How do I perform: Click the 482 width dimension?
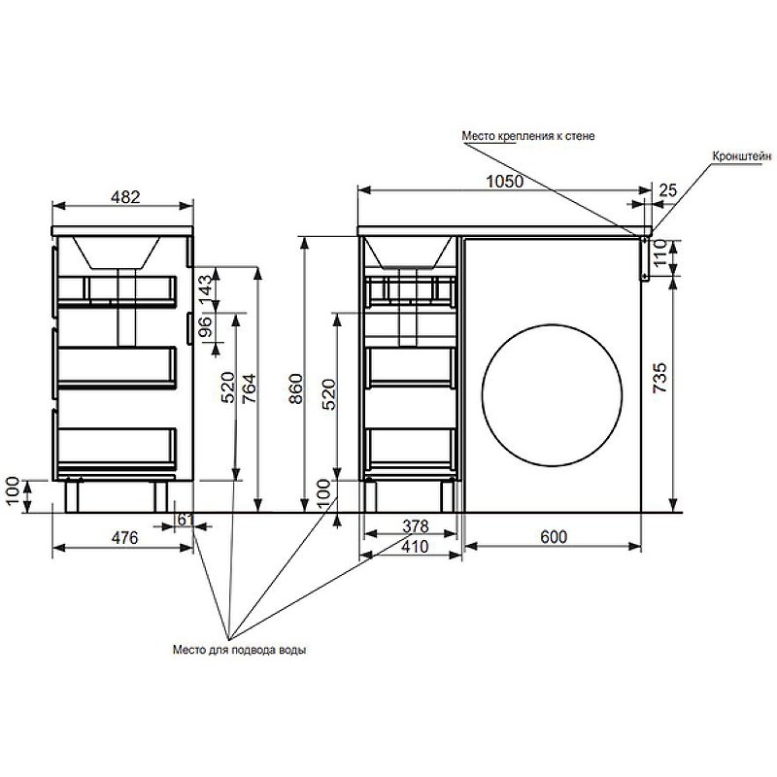[x=125, y=197]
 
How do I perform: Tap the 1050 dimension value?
[x=504, y=182]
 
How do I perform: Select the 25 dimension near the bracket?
[x=667, y=189]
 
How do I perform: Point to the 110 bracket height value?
[x=660, y=253]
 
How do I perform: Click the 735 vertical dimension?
[x=660, y=378]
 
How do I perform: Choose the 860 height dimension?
[x=295, y=388]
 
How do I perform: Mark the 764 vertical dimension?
[x=250, y=388]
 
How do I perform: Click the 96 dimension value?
[x=205, y=326]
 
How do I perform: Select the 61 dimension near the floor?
[x=185, y=520]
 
